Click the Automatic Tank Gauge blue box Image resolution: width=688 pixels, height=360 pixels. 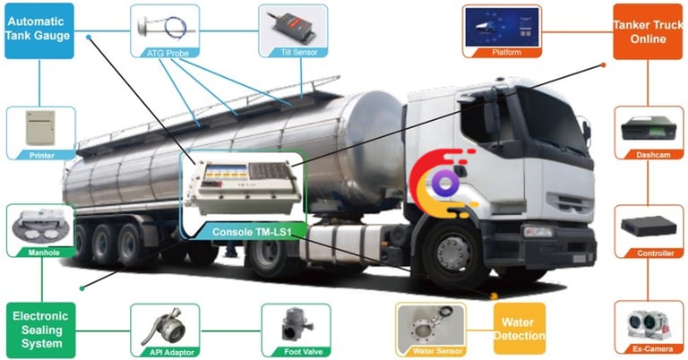39,31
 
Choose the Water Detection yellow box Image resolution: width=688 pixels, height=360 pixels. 519,329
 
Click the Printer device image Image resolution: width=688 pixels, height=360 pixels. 39,131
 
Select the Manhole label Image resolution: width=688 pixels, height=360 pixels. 39,252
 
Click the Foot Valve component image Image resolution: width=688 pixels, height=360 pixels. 294,324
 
